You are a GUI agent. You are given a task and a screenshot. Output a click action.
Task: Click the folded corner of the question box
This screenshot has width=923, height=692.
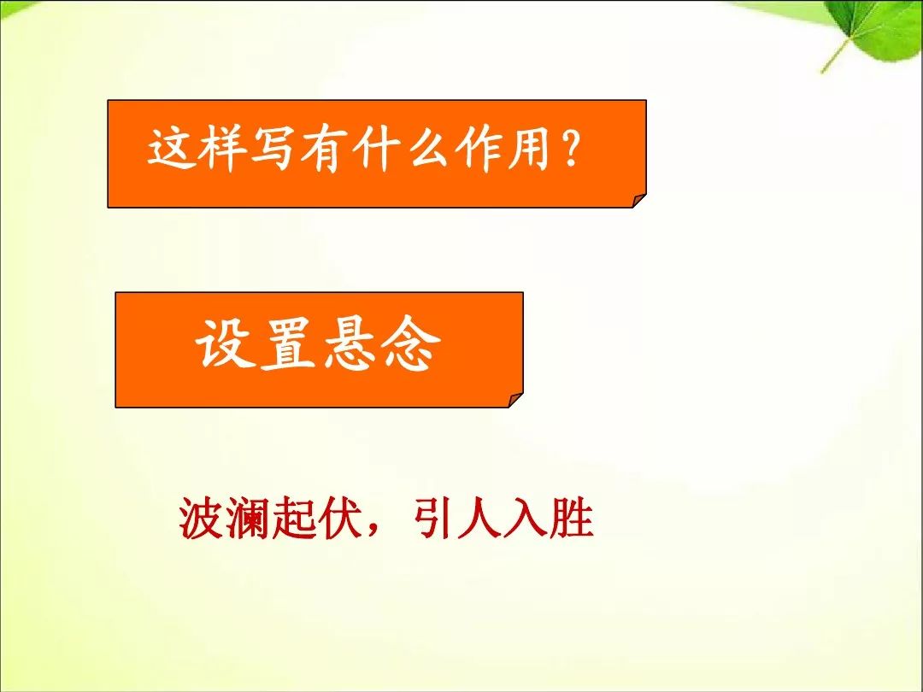tap(639, 201)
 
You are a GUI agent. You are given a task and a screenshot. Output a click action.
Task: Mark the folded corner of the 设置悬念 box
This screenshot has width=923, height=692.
tap(515, 400)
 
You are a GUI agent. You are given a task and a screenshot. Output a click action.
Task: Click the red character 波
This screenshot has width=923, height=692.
tap(202, 519)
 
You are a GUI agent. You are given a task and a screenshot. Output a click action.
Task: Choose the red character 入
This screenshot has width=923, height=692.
tap(525, 519)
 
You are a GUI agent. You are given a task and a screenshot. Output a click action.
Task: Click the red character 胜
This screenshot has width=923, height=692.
tap(571, 519)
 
